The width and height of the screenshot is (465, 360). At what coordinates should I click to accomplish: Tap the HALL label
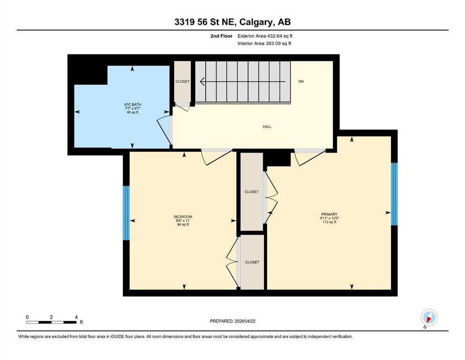coord(267,127)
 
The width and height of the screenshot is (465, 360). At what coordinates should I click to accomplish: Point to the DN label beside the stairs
coord(301,82)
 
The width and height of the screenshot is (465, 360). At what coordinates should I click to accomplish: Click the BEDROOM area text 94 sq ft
coord(183,225)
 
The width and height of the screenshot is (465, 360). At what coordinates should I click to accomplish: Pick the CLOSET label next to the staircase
coord(182,82)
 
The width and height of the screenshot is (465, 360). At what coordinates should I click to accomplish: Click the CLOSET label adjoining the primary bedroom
coord(251,192)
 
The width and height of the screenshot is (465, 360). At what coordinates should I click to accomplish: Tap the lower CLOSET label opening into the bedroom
coord(252,262)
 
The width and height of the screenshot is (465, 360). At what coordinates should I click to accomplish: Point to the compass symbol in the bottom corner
coord(429,317)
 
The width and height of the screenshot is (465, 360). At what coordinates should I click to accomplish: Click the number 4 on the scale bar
coord(76,317)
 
